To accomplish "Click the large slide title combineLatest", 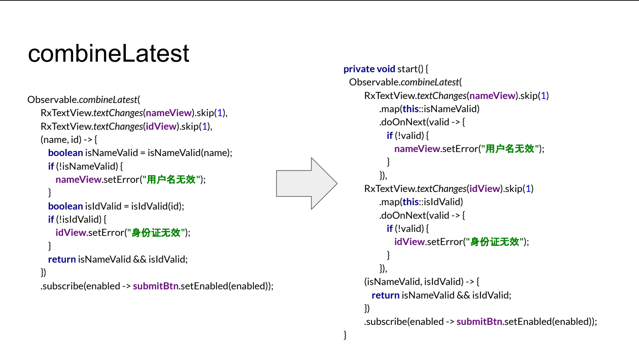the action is [x=108, y=54].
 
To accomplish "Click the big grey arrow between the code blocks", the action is [x=307, y=184].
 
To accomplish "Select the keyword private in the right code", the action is [x=359, y=69].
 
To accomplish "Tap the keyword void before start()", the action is [x=386, y=69].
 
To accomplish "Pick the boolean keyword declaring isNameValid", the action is [x=65, y=153].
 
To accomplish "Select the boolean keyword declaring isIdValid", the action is [x=65, y=206].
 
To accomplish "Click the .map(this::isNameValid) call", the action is [x=429, y=109].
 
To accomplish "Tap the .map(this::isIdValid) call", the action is [x=421, y=202].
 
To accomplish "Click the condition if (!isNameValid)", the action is [x=83, y=166].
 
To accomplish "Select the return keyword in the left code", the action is [x=62, y=259].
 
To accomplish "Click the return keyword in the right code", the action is [x=385, y=295].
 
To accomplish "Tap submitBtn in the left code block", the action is [x=156, y=286].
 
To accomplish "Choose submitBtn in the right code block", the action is [x=479, y=322].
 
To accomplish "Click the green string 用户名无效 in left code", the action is [x=171, y=180].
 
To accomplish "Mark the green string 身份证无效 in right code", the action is [x=495, y=242].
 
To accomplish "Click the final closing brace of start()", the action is [x=345, y=335].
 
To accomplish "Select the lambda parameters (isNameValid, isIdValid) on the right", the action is [x=414, y=282].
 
